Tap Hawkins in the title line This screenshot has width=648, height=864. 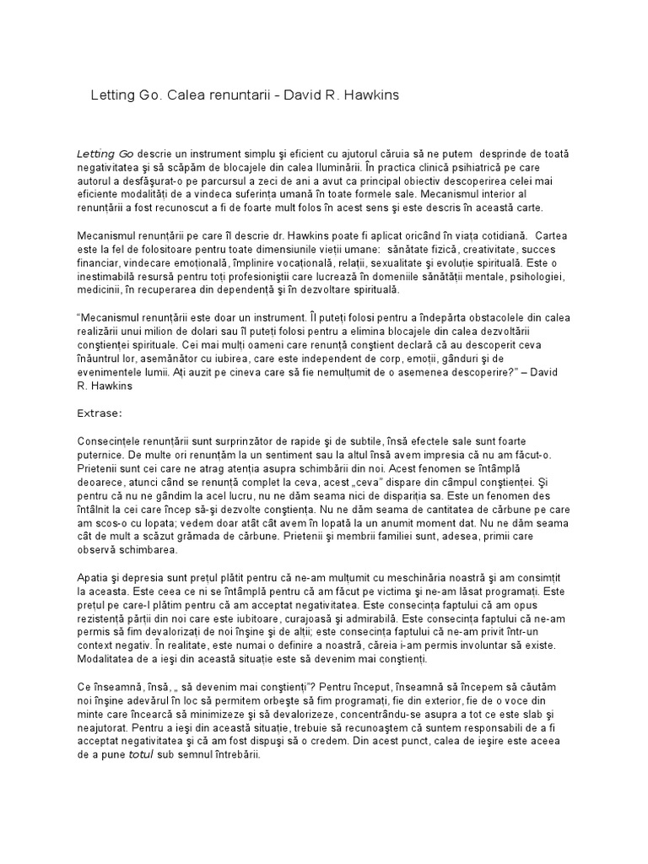pyautogui.click(x=368, y=95)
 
